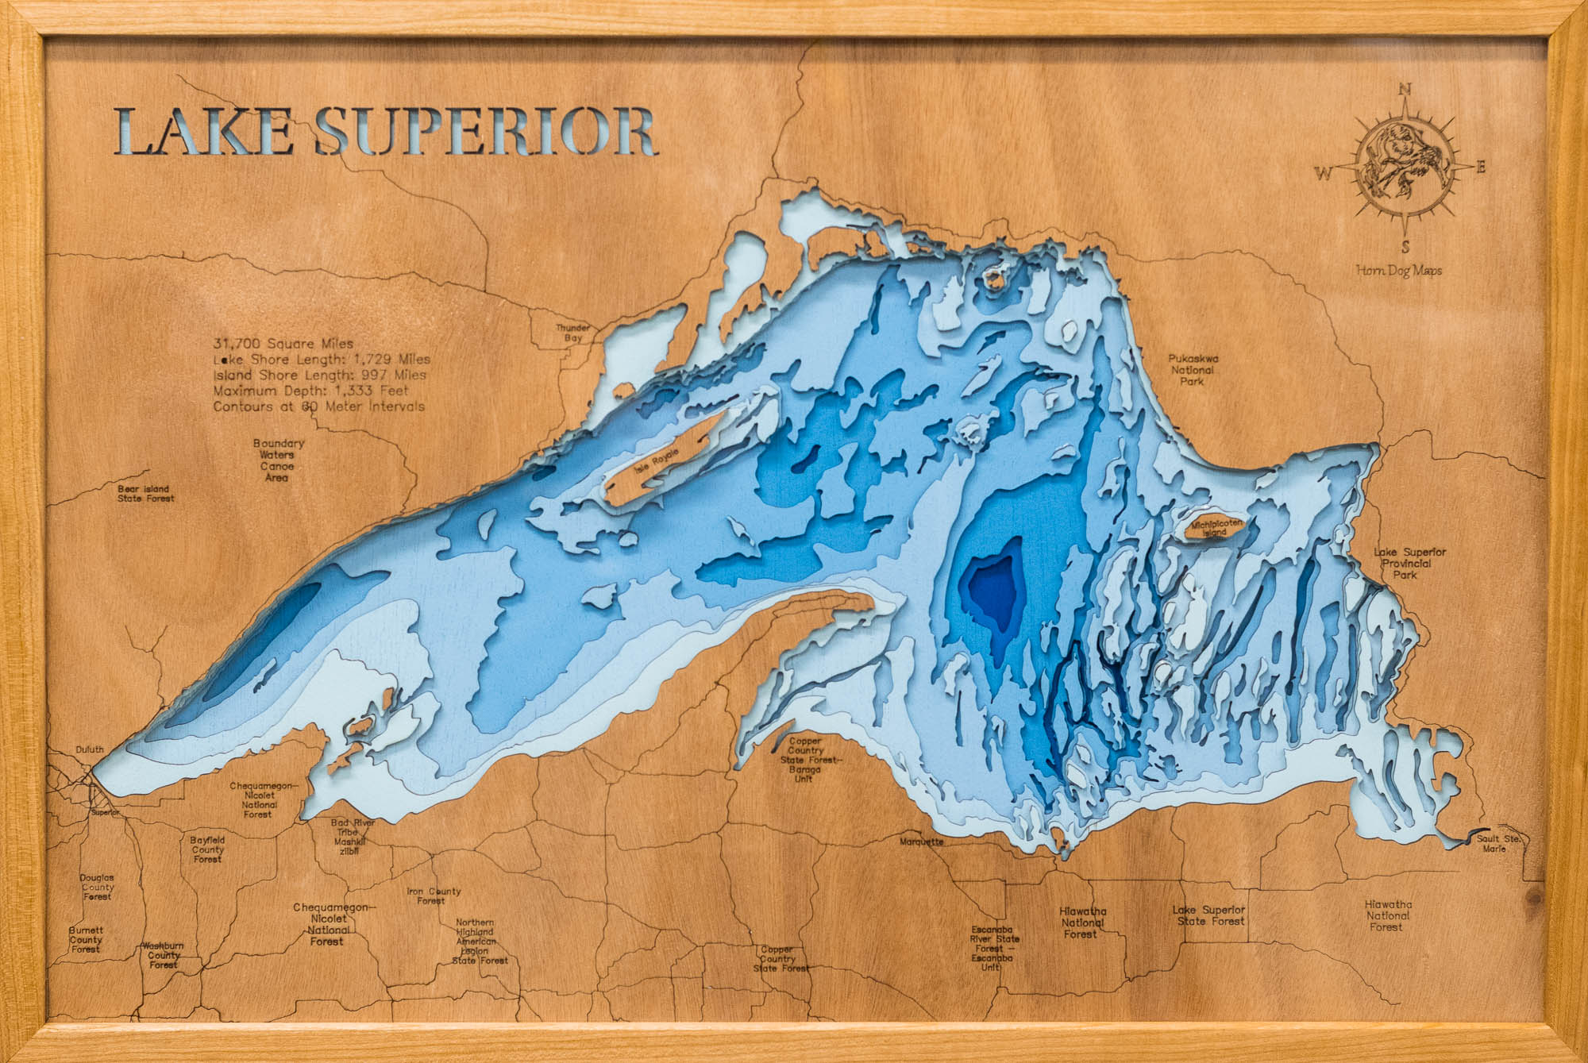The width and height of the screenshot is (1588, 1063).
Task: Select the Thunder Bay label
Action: [572, 333]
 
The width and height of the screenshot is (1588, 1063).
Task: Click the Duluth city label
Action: [90, 749]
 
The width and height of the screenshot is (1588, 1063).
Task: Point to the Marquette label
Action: [922, 842]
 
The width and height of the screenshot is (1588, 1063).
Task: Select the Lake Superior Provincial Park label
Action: [1409, 563]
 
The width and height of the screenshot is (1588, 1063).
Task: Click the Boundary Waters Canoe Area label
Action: [278, 460]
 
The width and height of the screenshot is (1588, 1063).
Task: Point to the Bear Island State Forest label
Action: [146, 494]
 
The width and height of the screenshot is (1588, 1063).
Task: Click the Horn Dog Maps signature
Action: [1399, 271]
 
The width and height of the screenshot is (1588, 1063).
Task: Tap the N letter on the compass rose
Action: [1404, 90]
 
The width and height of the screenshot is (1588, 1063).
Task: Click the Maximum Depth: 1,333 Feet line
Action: [310, 391]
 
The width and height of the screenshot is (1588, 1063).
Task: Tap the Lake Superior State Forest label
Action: [1208, 915]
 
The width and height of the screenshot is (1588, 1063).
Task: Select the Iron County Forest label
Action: [434, 895]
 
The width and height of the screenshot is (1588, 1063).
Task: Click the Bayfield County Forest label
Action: [207, 849]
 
